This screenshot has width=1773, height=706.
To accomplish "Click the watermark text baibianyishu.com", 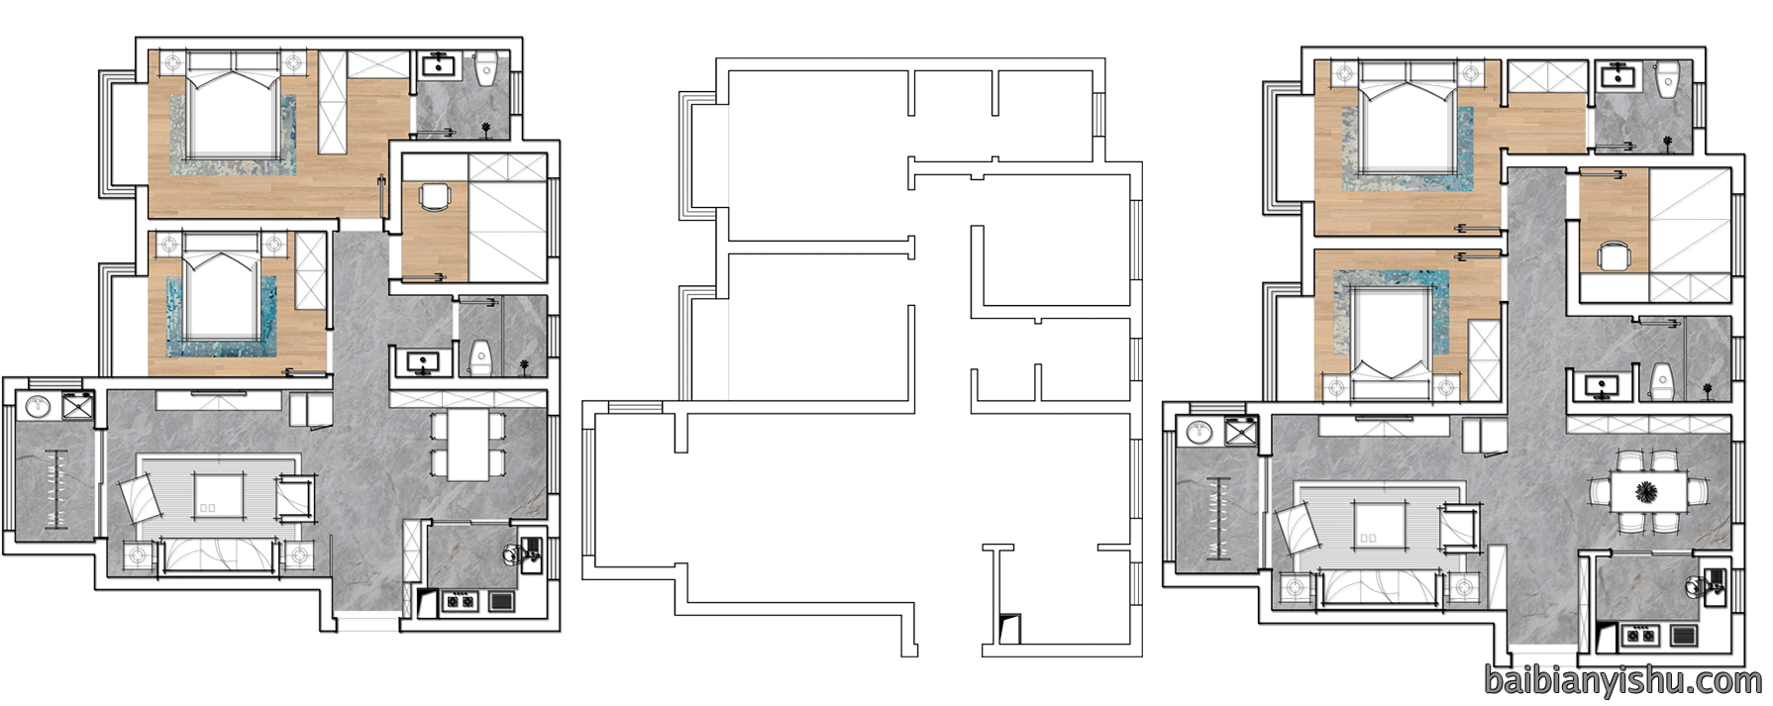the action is (x=1623, y=680).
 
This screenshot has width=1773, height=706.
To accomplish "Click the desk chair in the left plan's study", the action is (x=435, y=198).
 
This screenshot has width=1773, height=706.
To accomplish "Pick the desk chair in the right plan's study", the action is (x=1614, y=256).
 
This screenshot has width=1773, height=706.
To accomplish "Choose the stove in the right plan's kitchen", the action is (x=1640, y=634).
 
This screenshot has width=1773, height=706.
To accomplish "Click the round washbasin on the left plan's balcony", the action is (x=38, y=406).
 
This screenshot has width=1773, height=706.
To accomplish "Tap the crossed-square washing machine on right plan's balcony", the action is (x=1238, y=432).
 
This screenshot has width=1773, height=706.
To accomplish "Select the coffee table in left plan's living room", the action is (x=220, y=495).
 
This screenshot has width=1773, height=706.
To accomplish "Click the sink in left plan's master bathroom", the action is (x=438, y=66).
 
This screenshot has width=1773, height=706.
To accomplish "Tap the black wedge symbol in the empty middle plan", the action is (x=1008, y=626).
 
